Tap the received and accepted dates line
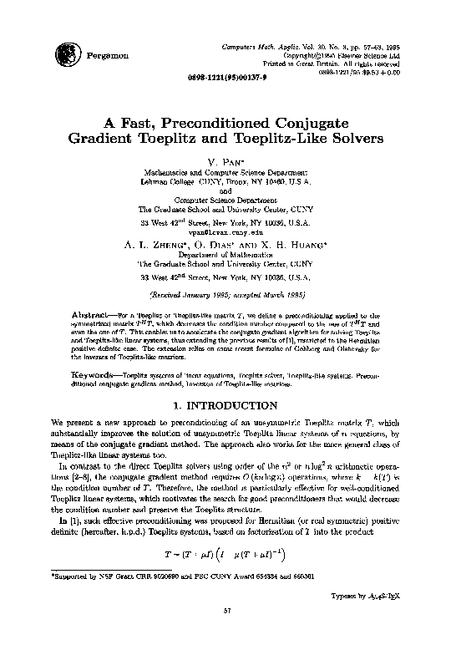coord(226,295)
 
